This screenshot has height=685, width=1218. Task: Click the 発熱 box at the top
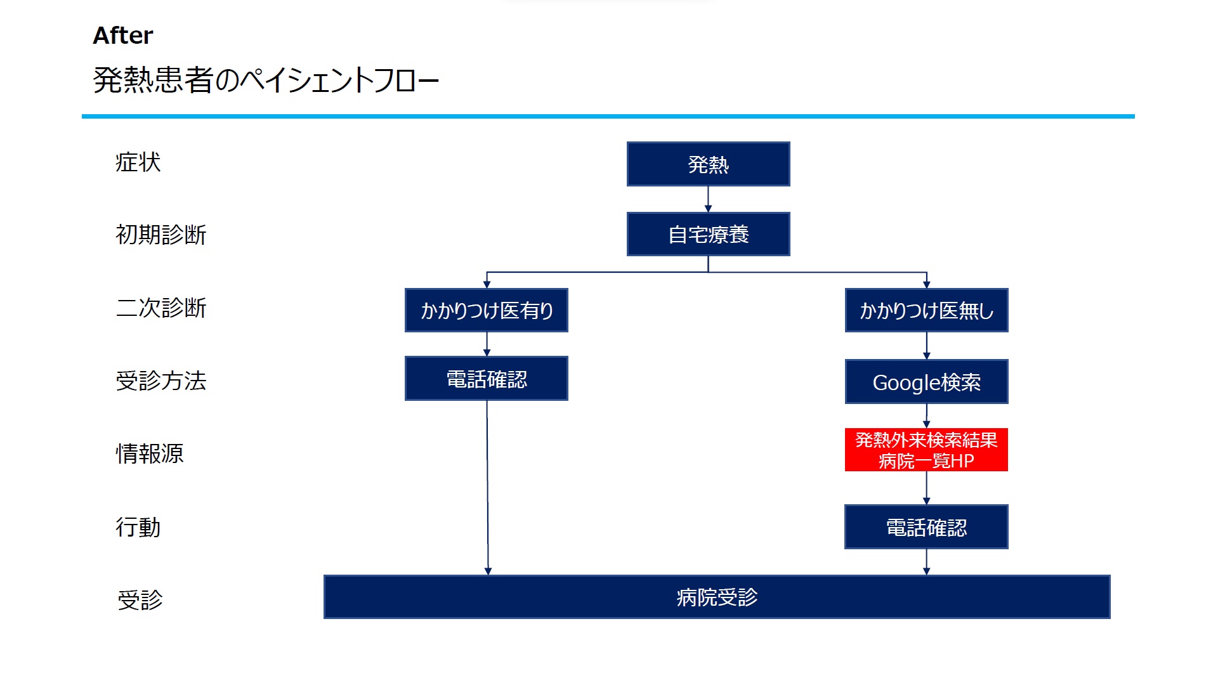(x=708, y=164)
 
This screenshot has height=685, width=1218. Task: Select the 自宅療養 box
(x=708, y=234)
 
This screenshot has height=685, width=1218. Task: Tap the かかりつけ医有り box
(x=487, y=310)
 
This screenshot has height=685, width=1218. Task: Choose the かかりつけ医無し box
(x=926, y=310)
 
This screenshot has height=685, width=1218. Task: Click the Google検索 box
(x=926, y=382)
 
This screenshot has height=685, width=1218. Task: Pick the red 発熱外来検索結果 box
(x=926, y=450)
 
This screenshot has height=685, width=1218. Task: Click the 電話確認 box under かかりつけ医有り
(x=487, y=379)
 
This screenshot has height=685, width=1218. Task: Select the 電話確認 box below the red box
(x=926, y=527)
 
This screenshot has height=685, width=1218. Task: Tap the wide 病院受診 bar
(x=717, y=597)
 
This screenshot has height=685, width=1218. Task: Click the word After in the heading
(x=123, y=36)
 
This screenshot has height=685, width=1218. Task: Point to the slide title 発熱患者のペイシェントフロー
(x=266, y=81)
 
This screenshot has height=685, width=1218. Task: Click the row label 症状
(x=138, y=162)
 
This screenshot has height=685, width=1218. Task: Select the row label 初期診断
(x=161, y=235)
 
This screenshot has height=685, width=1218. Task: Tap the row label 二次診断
(x=161, y=308)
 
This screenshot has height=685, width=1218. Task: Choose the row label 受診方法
(x=161, y=381)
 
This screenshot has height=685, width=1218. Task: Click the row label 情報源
(x=150, y=453)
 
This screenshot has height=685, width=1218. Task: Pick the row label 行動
(x=138, y=527)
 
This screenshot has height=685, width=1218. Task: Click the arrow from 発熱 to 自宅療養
(x=708, y=199)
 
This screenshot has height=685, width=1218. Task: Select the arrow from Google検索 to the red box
(x=926, y=416)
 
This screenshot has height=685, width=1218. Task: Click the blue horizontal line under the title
(x=608, y=117)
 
